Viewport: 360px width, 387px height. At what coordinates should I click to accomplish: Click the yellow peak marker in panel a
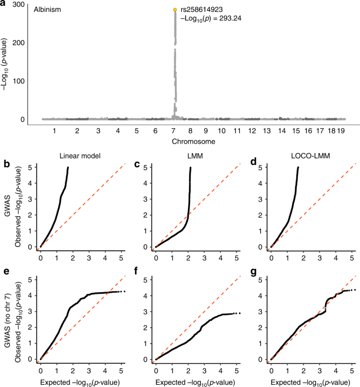click(x=175, y=10)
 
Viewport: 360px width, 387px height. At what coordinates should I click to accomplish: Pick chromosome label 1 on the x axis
click(x=54, y=131)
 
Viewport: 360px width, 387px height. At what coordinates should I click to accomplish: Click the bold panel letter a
click(x=5, y=4)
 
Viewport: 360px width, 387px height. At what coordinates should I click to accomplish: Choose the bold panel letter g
click(x=238, y=272)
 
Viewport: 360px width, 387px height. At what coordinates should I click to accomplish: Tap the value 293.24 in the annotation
click(x=235, y=18)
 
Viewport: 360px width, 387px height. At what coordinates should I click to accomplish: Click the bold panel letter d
click(x=238, y=165)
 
